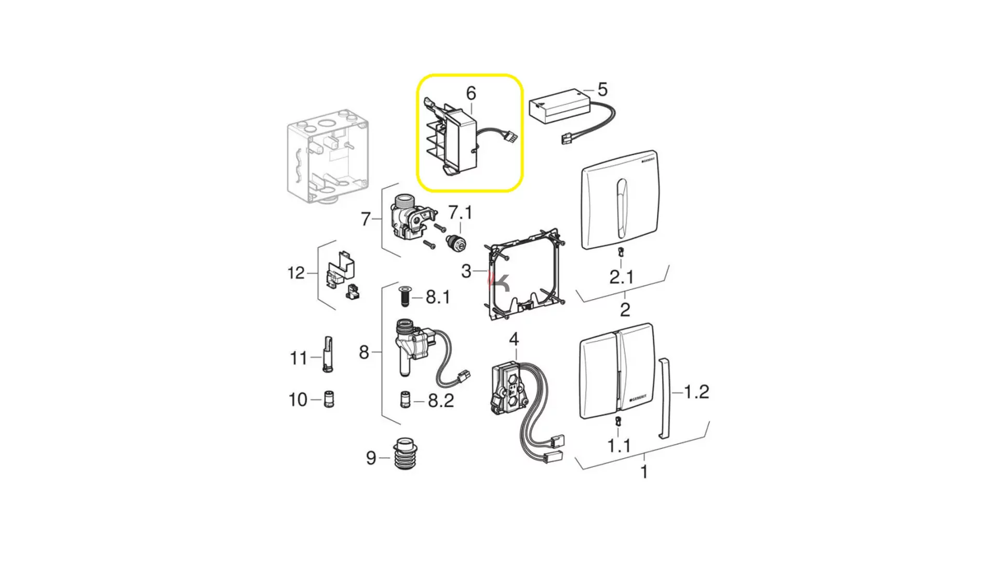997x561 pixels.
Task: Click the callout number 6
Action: point(471,94)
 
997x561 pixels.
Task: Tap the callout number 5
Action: point(602,89)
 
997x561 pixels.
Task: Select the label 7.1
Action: point(460,212)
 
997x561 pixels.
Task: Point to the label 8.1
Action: point(438,297)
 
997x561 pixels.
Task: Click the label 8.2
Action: point(441,400)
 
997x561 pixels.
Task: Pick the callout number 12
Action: point(296,273)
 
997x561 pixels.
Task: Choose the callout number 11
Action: point(299,358)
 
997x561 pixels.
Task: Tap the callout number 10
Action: point(298,400)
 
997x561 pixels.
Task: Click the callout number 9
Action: point(371,458)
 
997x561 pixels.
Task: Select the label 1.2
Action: point(696,392)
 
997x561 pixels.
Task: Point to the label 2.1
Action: point(622,277)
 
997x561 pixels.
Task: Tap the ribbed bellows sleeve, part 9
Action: point(405,454)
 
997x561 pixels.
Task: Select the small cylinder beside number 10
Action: point(329,399)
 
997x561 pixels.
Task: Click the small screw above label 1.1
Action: point(618,421)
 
